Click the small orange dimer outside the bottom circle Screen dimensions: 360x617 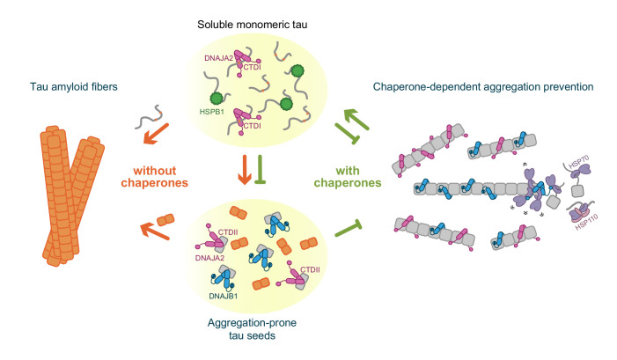tap(168, 219)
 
